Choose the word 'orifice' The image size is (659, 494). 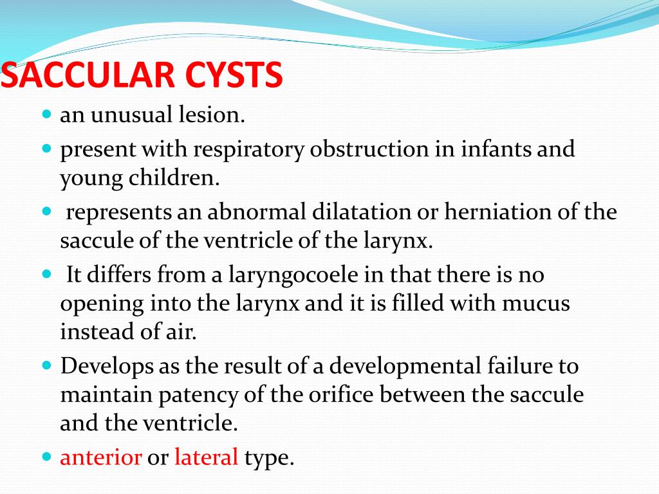[x=326, y=394]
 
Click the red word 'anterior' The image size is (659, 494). [x=101, y=457]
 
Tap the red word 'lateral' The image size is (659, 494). [x=206, y=457]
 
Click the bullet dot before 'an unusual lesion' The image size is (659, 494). [x=46, y=114]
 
